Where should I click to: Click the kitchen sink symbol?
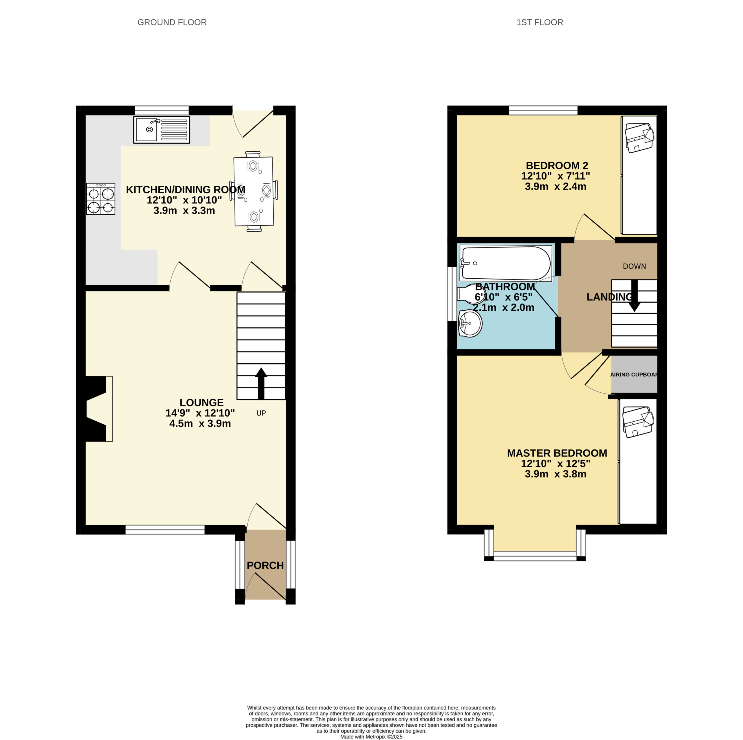coord(162,130)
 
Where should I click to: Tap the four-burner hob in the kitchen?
coord(100,199)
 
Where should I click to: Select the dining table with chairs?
coord(254,191)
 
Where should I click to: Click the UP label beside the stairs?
coord(261,413)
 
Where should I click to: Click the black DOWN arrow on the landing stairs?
coord(634,295)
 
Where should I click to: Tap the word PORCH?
coord(265,565)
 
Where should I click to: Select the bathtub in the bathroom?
coord(506,263)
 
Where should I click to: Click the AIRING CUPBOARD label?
coord(634,375)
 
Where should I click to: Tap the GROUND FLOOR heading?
coord(172,22)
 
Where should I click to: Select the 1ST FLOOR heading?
coord(540,22)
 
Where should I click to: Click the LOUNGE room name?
coord(201,402)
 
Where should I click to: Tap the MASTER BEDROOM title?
coord(557,453)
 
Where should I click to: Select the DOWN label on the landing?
coord(634,266)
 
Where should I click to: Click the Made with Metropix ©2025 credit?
coord(371,737)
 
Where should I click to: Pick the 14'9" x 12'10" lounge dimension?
coord(200,413)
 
